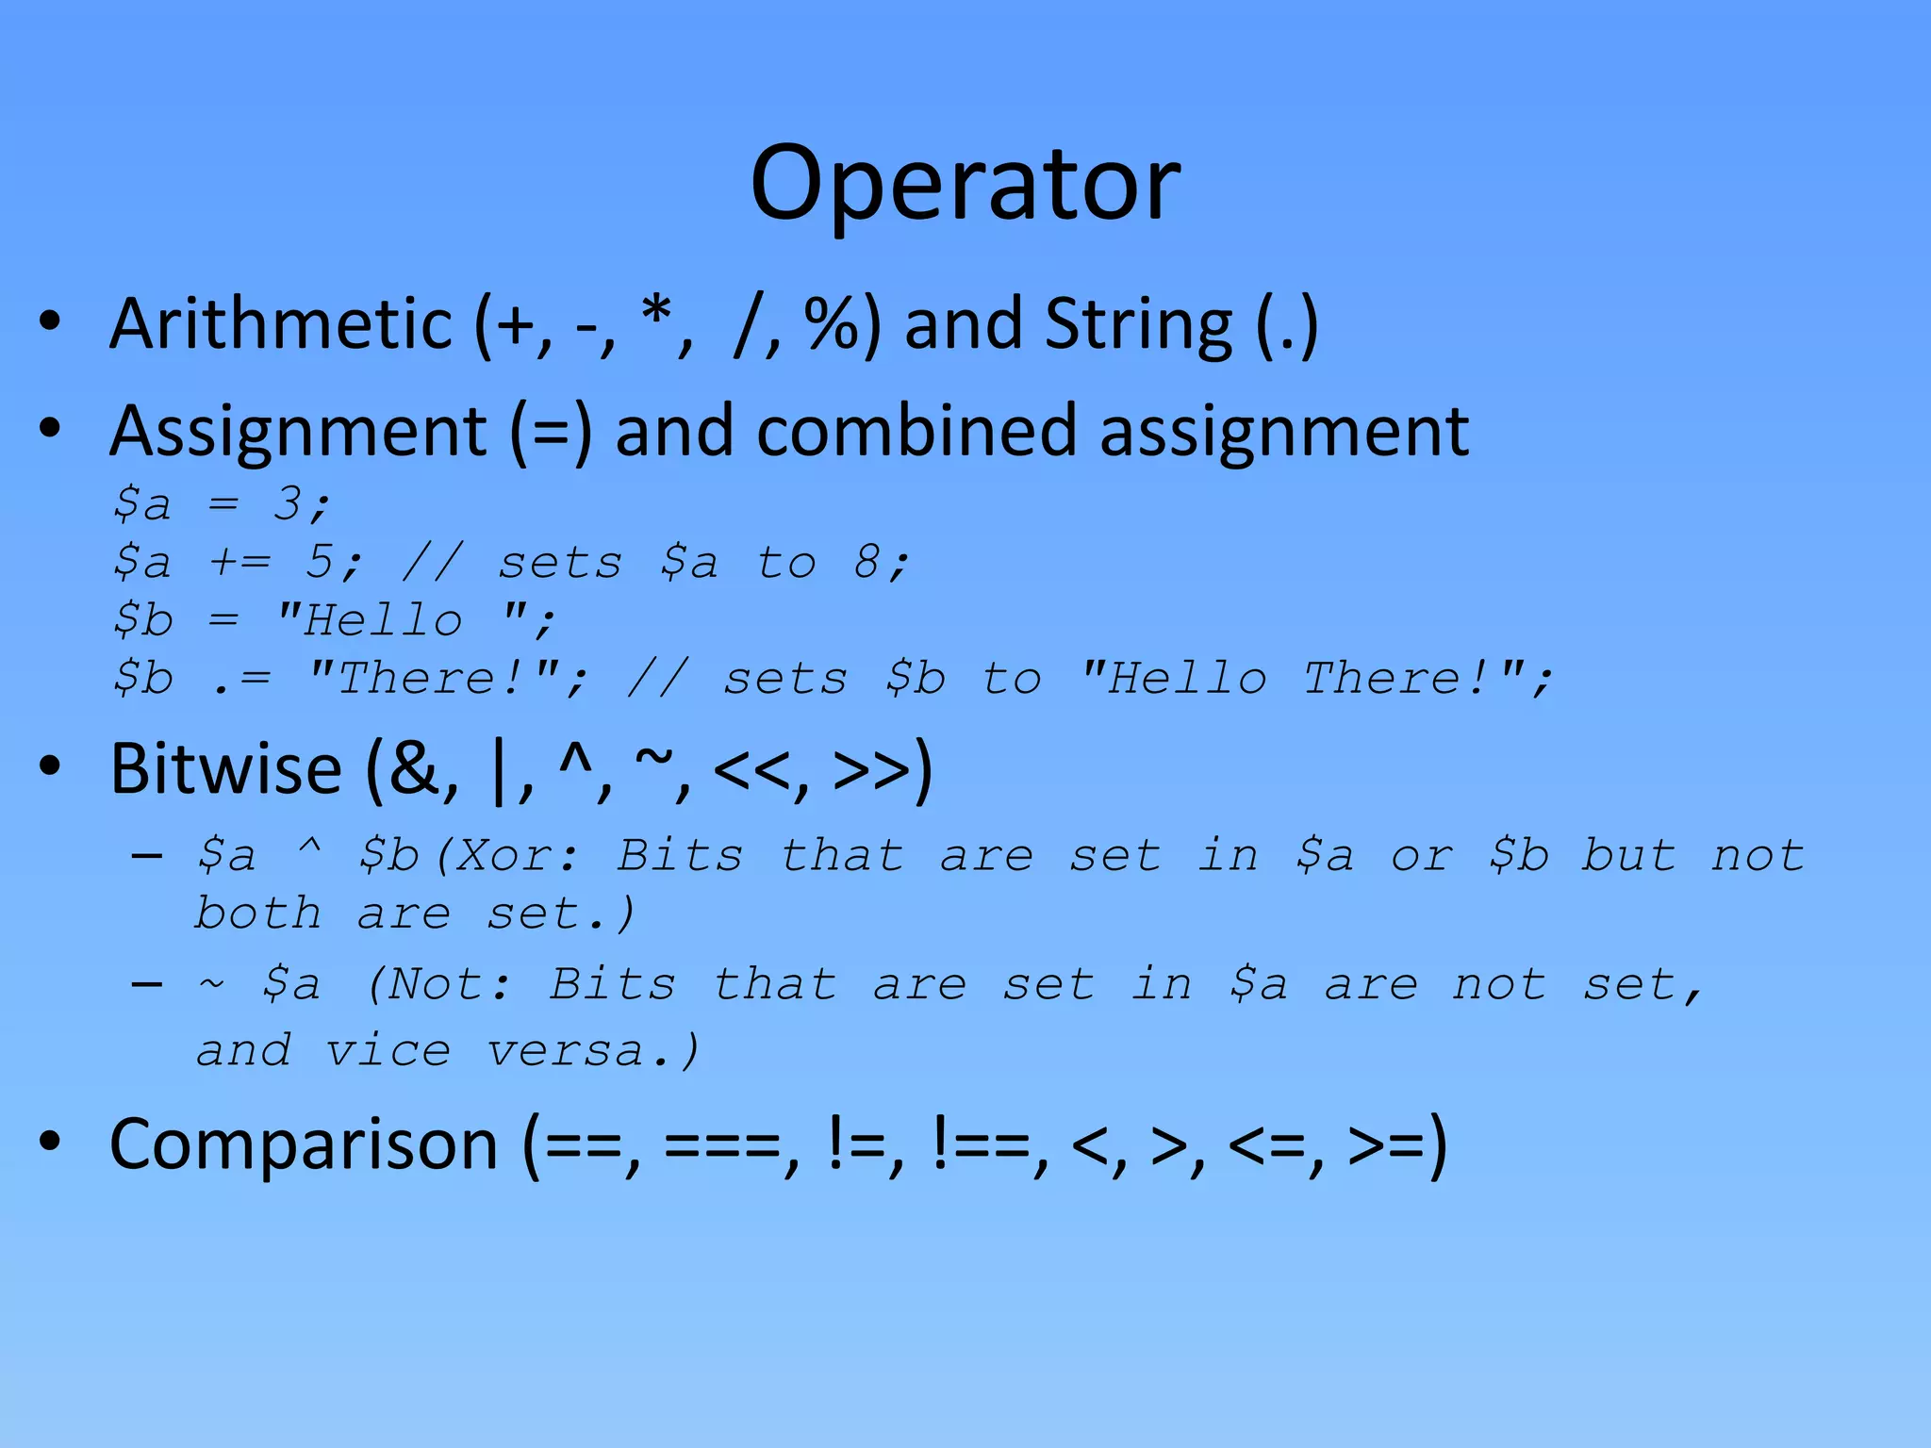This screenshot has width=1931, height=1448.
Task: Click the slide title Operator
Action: (965, 184)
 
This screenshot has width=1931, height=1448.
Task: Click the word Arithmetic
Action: (281, 324)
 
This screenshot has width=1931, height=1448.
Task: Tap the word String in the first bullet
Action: (1138, 324)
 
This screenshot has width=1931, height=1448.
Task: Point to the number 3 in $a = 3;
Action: (287, 503)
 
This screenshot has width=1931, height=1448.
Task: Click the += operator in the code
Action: (240, 562)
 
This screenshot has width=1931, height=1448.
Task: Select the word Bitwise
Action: (225, 769)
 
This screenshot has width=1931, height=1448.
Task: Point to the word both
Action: (257, 913)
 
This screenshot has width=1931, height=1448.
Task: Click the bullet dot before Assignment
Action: (50, 429)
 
